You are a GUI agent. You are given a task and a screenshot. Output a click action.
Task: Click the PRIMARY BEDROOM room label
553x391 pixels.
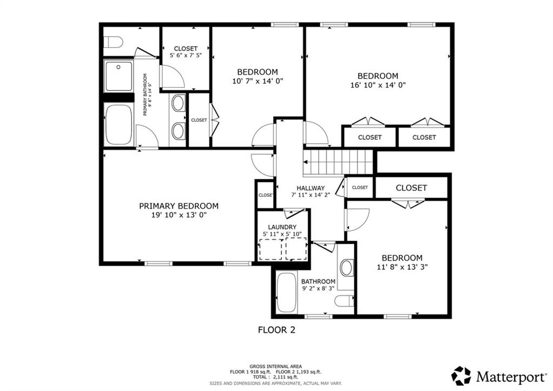179,206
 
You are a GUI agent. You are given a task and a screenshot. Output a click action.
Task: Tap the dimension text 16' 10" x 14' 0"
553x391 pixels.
378,85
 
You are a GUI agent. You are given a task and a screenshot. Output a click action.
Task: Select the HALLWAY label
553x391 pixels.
311,188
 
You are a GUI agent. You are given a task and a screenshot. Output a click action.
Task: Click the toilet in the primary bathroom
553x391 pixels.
114,42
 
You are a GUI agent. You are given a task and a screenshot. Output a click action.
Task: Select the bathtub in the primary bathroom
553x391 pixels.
119,124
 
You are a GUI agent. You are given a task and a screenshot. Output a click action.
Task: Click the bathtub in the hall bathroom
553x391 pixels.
286,293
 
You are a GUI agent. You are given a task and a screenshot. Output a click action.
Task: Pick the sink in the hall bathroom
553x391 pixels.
346,268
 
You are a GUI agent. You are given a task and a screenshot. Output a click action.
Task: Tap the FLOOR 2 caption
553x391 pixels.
276,329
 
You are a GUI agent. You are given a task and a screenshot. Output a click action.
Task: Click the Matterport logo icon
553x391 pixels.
461,375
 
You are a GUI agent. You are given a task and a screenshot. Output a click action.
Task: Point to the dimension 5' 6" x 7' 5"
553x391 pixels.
186,56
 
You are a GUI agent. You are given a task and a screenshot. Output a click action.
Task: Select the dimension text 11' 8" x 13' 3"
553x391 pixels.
402,267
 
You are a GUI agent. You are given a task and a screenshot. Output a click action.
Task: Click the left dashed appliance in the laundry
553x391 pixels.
271,249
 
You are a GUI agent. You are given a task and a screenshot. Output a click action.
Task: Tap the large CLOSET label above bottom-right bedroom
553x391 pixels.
412,188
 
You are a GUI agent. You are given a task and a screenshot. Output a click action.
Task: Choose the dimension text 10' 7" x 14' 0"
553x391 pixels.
258,81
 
